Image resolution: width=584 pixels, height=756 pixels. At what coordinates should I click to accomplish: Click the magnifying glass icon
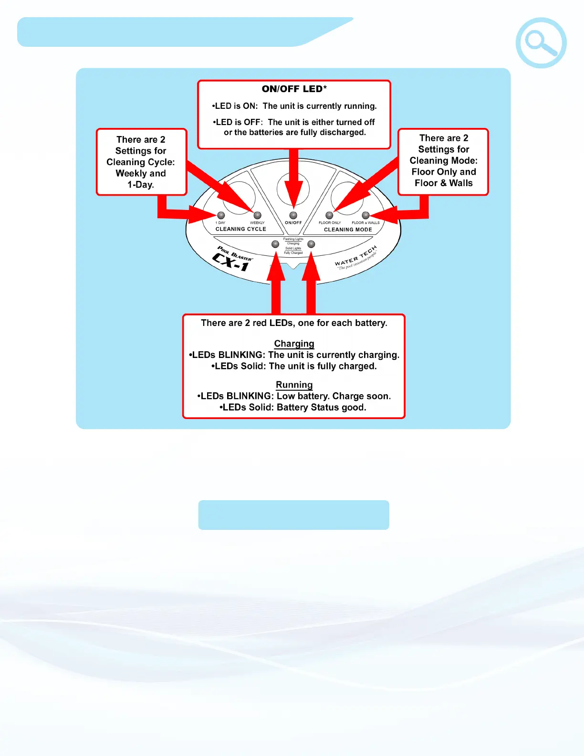[x=541, y=43]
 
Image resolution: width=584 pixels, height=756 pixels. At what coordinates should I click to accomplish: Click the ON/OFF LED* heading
[x=294, y=89]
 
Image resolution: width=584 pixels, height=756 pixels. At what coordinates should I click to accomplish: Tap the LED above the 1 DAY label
[x=221, y=215]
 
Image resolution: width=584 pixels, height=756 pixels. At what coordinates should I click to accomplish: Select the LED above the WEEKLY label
[x=257, y=215]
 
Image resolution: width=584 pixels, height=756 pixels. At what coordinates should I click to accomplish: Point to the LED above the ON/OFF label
[x=293, y=215]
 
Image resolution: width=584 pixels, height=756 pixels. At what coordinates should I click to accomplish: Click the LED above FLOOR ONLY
[x=329, y=215]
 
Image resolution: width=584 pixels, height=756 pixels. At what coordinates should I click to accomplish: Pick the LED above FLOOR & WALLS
[x=365, y=215]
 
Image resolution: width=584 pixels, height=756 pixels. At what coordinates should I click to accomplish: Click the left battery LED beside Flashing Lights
[x=275, y=244]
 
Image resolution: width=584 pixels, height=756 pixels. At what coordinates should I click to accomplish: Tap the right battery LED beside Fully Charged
[x=311, y=244]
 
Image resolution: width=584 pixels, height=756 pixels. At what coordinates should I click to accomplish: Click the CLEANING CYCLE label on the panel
[x=240, y=229]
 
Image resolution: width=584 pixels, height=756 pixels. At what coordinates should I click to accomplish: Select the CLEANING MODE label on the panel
[x=348, y=230]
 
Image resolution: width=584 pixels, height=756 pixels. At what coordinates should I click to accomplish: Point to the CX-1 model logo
[x=231, y=262]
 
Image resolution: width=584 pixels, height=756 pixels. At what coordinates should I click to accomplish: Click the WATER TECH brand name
[x=355, y=257]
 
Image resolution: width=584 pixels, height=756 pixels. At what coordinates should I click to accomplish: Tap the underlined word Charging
[x=294, y=344]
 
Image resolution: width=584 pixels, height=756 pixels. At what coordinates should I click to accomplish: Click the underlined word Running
[x=294, y=385]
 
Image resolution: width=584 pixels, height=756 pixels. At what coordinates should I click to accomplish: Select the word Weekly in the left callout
[x=131, y=173]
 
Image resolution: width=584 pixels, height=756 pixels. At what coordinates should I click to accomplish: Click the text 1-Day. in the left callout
[x=141, y=185]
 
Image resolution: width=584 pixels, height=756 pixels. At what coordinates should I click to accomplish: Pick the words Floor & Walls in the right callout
[x=444, y=183]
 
